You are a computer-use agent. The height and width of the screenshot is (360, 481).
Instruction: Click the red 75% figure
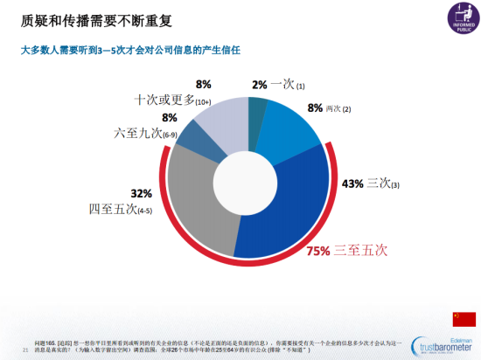coord(318,251)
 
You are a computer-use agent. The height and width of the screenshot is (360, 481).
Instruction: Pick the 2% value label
coord(259,85)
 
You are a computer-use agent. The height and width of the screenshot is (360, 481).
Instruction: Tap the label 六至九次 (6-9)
coord(146,134)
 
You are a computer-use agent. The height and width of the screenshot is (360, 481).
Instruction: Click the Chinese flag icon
coord(464,318)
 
